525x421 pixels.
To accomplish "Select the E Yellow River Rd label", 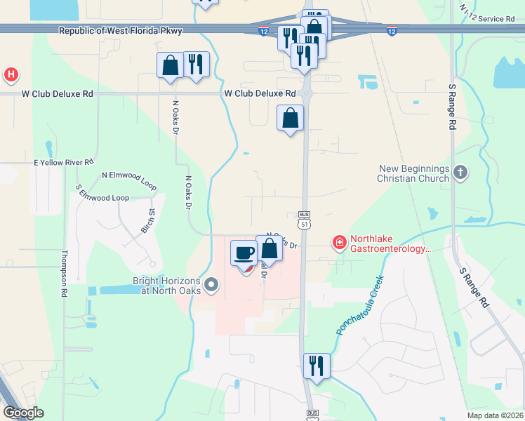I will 63,162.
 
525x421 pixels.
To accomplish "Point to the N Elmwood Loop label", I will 128,180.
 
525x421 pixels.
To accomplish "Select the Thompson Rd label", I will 63,274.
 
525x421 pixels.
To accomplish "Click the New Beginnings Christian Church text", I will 413,173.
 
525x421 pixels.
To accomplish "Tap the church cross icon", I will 460,173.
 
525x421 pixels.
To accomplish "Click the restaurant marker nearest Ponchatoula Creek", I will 316,366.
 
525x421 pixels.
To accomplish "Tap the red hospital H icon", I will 11,74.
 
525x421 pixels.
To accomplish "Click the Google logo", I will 23,413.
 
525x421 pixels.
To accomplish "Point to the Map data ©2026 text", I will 494,415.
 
